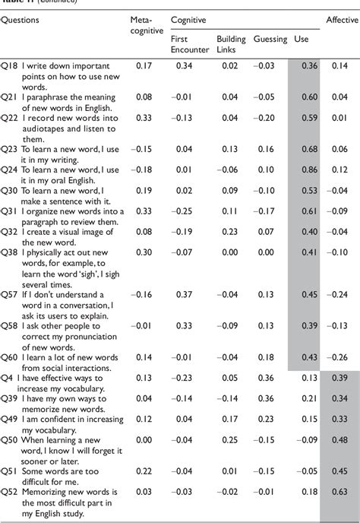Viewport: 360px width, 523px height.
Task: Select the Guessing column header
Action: point(271,37)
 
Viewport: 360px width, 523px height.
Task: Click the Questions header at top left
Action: point(23,20)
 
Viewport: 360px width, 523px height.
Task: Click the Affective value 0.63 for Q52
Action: point(339,493)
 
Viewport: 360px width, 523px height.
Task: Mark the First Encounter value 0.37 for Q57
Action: point(182,315)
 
